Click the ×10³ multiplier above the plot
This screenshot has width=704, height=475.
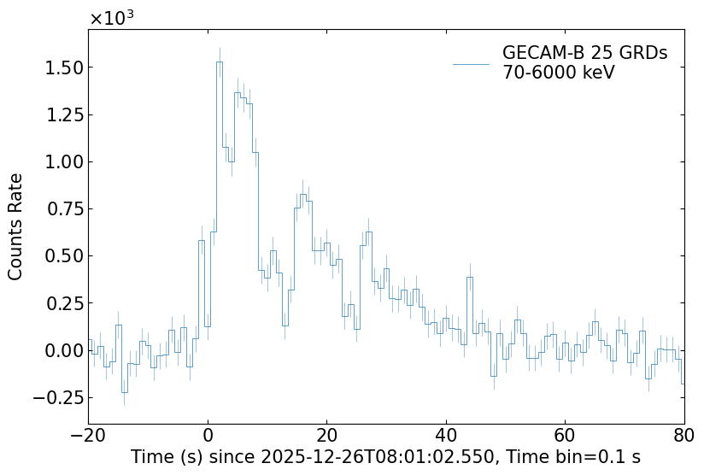click(111, 19)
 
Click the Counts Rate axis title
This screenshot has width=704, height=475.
click(16, 226)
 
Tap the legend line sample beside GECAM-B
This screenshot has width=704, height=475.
click(471, 64)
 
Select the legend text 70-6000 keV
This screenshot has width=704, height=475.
click(559, 73)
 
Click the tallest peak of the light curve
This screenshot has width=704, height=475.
click(220, 62)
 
